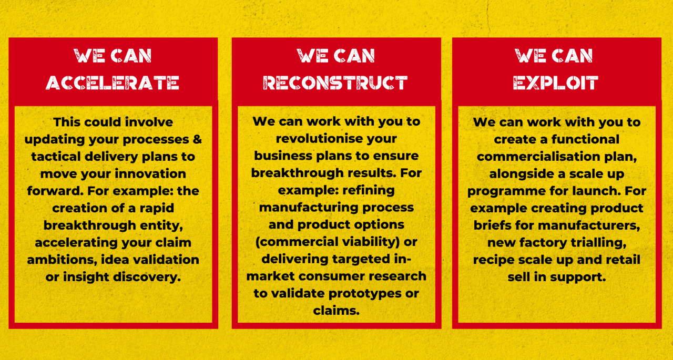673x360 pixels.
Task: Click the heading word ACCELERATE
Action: [x=113, y=83]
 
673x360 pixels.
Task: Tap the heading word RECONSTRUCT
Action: [x=335, y=83]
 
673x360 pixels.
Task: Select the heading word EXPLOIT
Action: [x=556, y=83]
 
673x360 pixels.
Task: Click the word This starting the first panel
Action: [x=66, y=122]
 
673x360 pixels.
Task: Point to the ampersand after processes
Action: [x=197, y=139]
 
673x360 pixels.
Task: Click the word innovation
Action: [x=150, y=174]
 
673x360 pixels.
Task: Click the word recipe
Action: [x=491, y=260]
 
